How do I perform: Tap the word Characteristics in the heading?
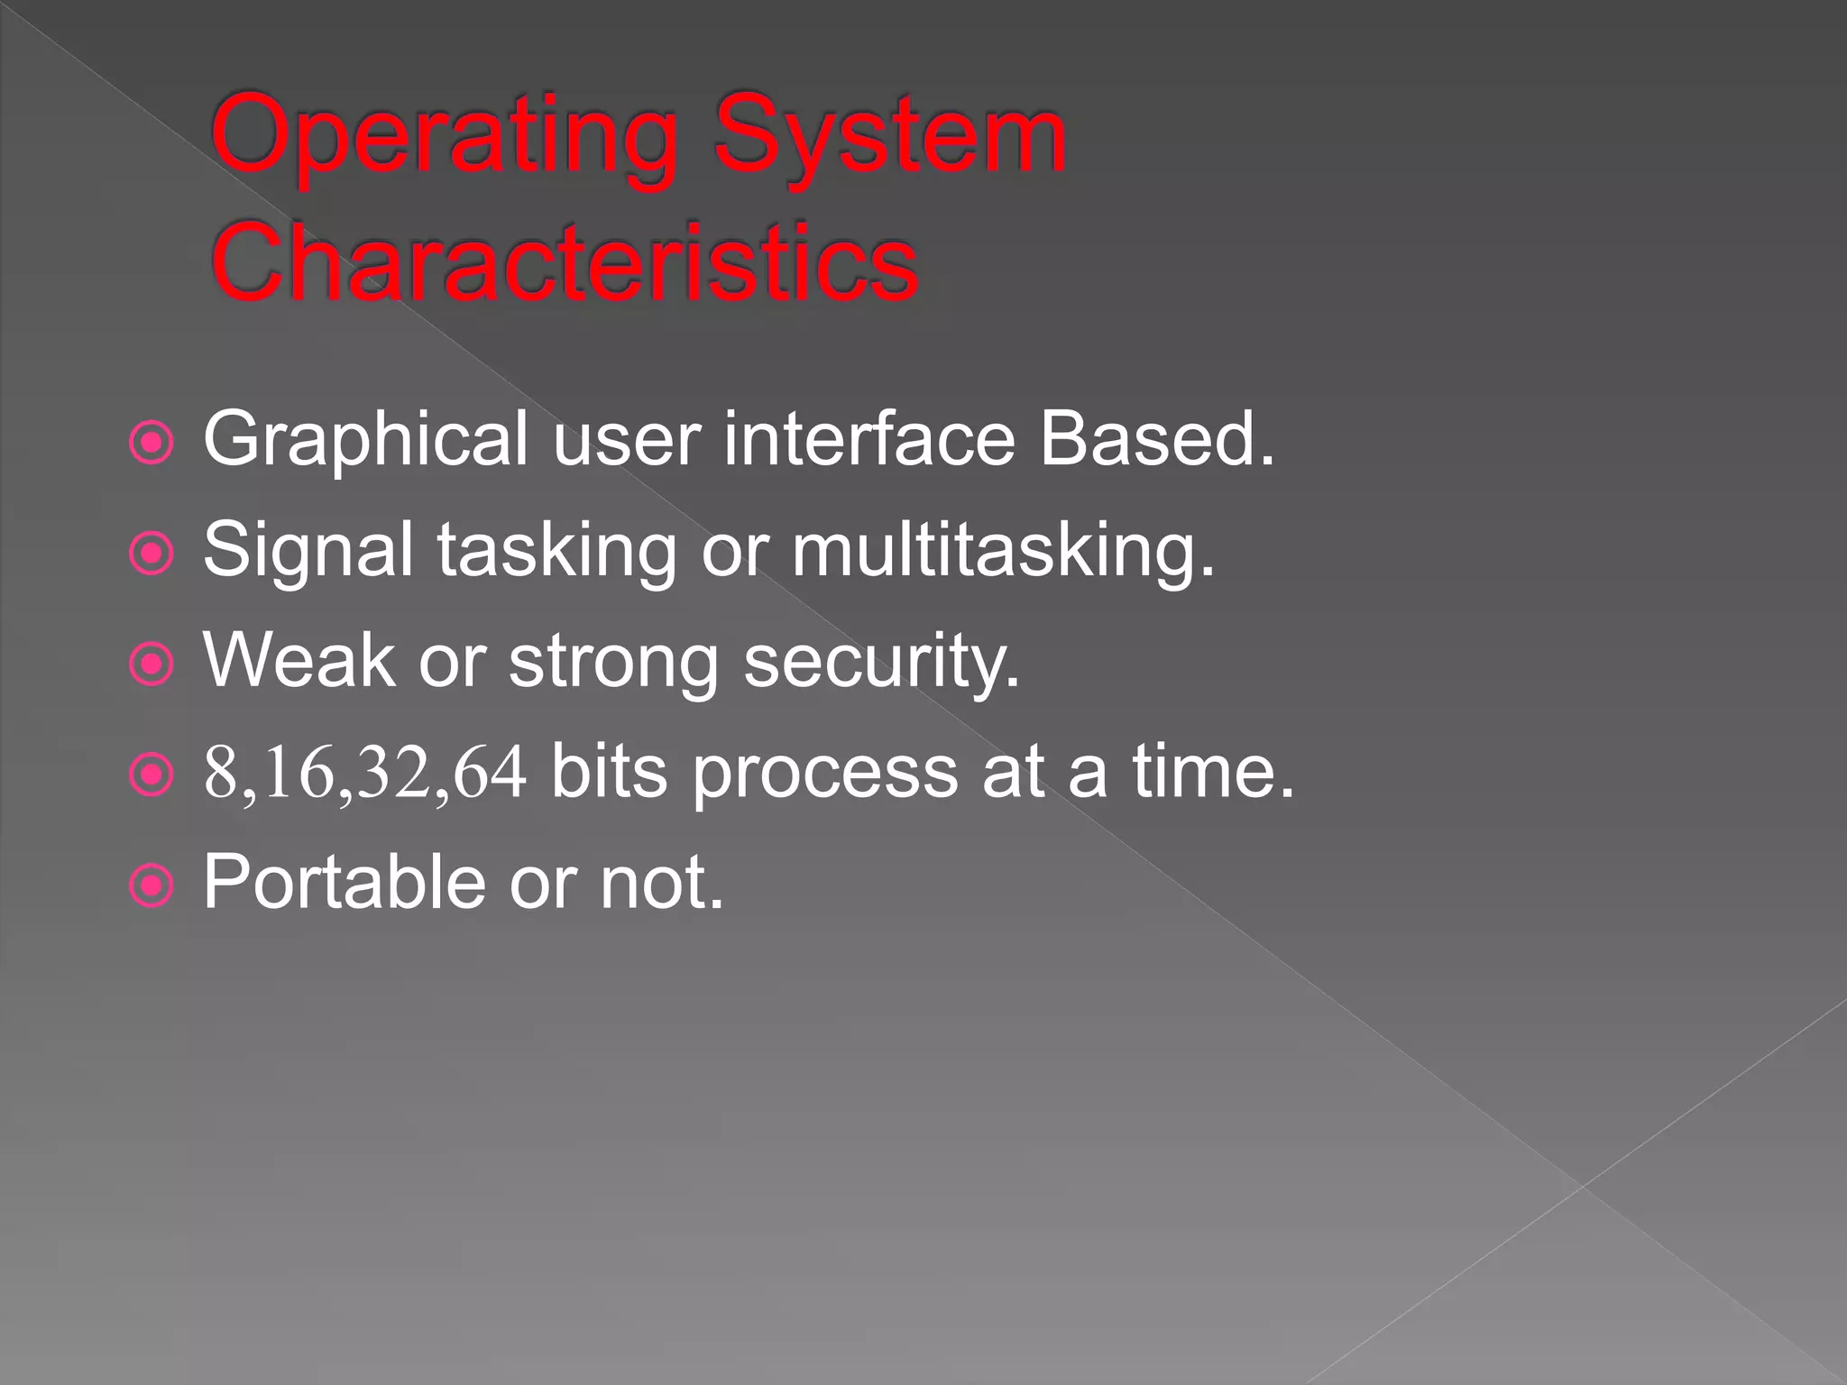(x=565, y=262)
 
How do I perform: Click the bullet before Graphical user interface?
(x=151, y=443)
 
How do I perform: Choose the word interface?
(x=869, y=439)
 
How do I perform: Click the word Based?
(x=1157, y=439)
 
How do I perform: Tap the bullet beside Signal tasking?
(x=151, y=554)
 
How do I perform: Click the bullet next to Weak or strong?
(x=151, y=665)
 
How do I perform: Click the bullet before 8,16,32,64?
(x=151, y=775)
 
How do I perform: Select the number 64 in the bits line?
(x=490, y=773)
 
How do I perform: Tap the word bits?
(x=609, y=773)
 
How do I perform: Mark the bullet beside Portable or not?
(x=151, y=885)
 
